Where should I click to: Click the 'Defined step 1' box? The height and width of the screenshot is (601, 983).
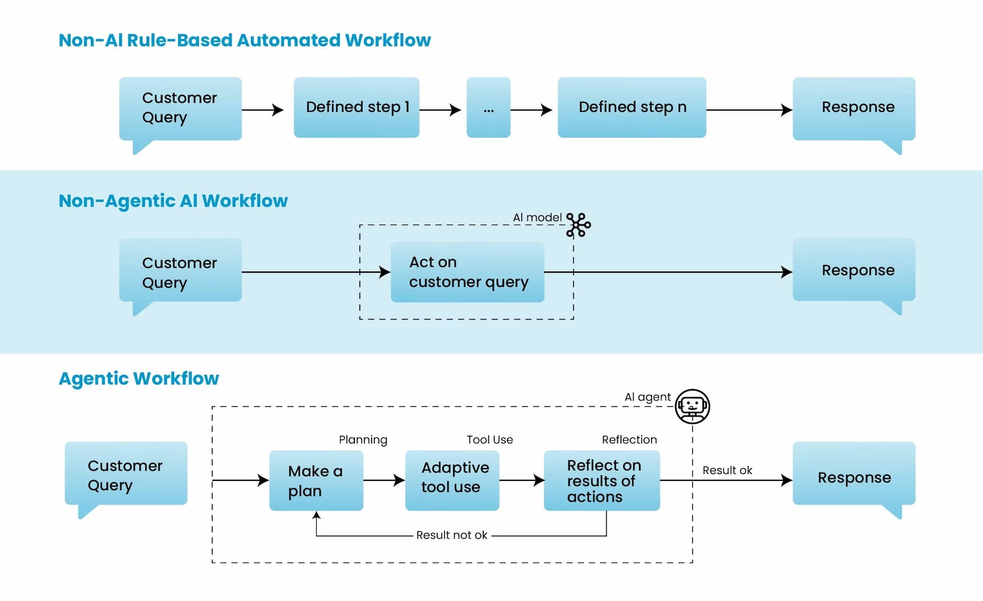point(356,107)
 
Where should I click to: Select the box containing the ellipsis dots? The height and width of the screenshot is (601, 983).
point(488,107)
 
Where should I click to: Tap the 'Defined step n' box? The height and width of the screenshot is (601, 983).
point(632,107)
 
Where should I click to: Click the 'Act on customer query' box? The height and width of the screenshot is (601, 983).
point(467,272)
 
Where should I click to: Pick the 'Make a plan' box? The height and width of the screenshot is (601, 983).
point(316,480)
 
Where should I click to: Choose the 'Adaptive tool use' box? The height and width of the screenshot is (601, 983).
point(452,480)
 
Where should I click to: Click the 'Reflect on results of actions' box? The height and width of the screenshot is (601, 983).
point(602,480)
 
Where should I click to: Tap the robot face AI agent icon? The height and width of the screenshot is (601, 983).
point(692,406)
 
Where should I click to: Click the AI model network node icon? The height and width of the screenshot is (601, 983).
point(579,225)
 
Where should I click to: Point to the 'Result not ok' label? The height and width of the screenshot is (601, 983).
point(452,535)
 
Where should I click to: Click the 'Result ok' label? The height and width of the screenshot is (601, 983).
point(727,470)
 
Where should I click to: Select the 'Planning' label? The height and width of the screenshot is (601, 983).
point(363,439)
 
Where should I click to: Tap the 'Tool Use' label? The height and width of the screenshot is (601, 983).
point(489,439)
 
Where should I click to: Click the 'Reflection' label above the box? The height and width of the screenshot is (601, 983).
point(629,439)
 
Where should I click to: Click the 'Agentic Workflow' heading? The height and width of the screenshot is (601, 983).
point(139,379)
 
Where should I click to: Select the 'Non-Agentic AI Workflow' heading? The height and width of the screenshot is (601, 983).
point(173,201)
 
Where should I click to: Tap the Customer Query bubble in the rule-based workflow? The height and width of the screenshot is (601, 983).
point(180,108)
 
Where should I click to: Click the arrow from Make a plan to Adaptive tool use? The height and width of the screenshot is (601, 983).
point(384,480)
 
